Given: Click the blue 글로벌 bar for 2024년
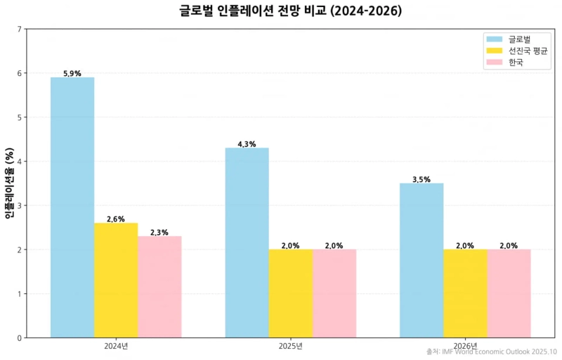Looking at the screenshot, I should [x=72, y=207].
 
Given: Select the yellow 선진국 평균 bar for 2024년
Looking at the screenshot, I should [x=116, y=280].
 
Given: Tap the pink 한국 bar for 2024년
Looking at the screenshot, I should [x=159, y=287].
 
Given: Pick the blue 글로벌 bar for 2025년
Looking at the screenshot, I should [x=247, y=243].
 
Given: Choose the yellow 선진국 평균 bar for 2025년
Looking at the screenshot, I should [x=290, y=293].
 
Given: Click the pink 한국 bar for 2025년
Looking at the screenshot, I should [x=334, y=293].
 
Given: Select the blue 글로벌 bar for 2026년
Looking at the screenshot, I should [x=421, y=260].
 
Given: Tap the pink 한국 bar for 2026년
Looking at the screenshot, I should [x=509, y=293].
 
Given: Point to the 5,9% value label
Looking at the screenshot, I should [x=72, y=73].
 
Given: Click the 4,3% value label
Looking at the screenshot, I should [x=247, y=144].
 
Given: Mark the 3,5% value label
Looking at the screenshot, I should [x=421, y=179].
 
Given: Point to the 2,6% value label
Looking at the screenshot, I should [x=116, y=219].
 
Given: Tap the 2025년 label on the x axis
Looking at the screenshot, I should [x=290, y=346].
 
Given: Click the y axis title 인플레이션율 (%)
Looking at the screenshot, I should [x=9, y=183].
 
